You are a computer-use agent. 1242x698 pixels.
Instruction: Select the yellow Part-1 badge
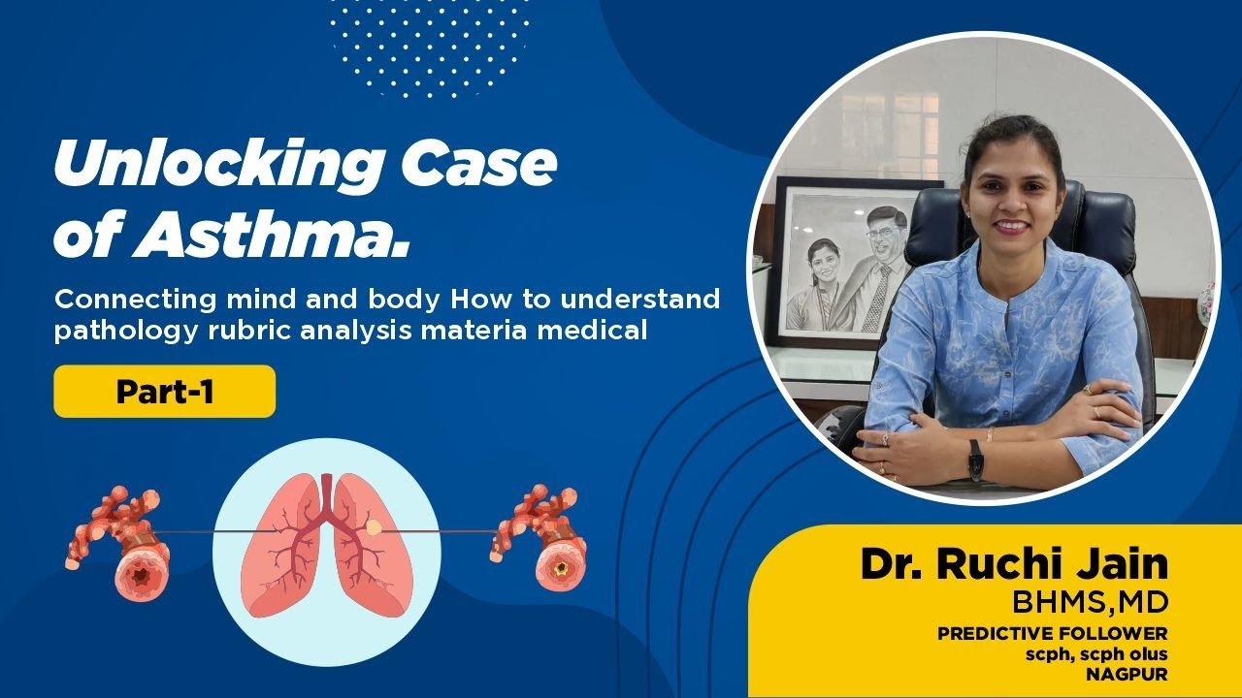[x=164, y=392]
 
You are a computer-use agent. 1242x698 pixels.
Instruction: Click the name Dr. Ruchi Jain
[x=1015, y=565]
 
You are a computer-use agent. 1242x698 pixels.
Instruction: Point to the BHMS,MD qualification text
[x=1091, y=602]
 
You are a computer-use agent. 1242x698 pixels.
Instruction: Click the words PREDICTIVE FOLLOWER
[x=1053, y=633]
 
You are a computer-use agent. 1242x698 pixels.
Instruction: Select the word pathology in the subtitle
[x=111, y=331]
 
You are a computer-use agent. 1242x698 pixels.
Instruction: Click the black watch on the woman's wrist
[x=975, y=460]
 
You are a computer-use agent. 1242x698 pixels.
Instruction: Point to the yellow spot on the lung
[x=375, y=526]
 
